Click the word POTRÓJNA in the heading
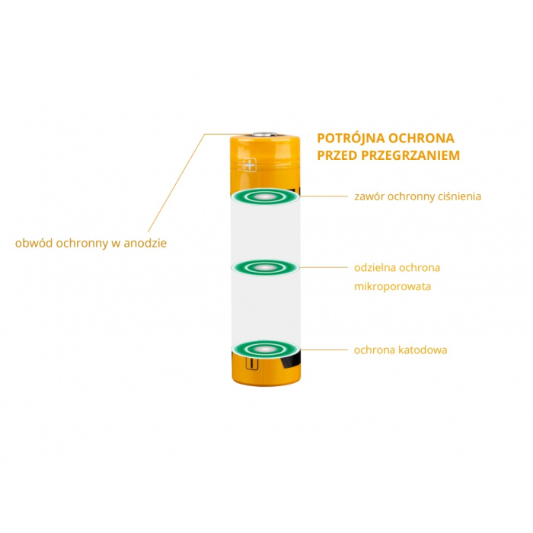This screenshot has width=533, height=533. (x=350, y=138)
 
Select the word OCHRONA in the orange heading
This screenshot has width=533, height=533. (x=421, y=138)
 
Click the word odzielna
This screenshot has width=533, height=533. (x=375, y=267)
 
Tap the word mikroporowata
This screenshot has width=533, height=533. (x=392, y=286)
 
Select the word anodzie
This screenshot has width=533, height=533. (x=145, y=243)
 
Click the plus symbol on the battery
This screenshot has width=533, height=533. (x=250, y=165)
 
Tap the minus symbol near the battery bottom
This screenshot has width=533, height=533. (x=251, y=363)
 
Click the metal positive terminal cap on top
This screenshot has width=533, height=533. (x=265, y=133)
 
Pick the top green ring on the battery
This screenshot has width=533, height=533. (x=265, y=196)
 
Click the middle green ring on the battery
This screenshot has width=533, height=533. (x=265, y=268)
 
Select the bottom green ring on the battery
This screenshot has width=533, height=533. (x=265, y=349)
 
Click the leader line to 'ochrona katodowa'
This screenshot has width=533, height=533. (x=324, y=349)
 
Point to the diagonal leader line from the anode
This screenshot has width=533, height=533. (x=176, y=183)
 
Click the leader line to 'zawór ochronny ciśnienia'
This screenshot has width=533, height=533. (x=324, y=196)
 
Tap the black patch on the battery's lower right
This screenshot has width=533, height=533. (x=292, y=360)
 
